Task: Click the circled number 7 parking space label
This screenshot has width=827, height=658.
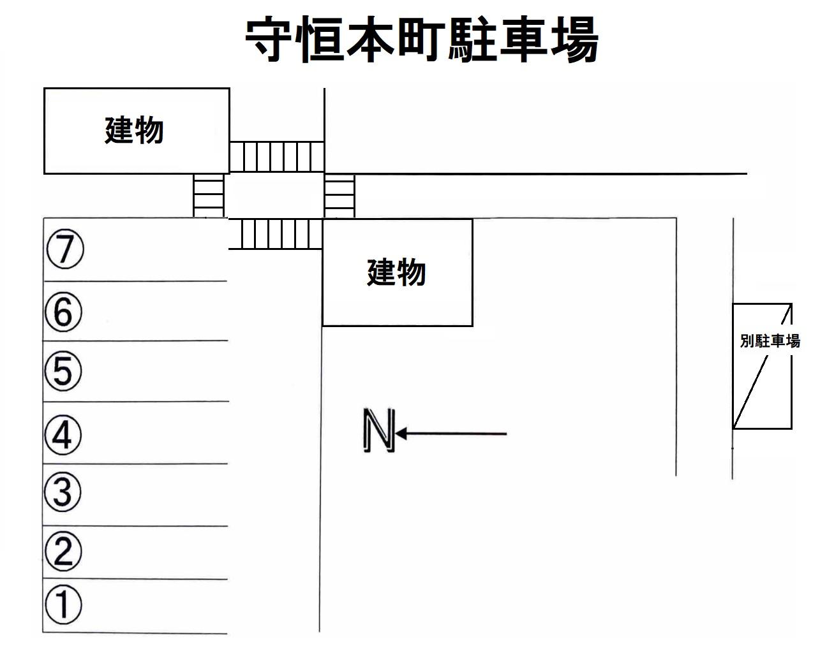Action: click(64, 249)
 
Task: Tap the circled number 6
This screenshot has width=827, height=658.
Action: click(64, 312)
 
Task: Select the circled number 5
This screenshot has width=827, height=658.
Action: click(63, 370)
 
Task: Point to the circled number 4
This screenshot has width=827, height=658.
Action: click(63, 435)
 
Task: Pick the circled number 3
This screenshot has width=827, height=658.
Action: click(63, 492)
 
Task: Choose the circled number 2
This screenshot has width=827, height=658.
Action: click(63, 551)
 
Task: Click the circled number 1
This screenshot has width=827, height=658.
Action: click(63, 604)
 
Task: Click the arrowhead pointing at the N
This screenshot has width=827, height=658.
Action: click(403, 434)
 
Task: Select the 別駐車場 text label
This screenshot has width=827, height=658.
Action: click(770, 341)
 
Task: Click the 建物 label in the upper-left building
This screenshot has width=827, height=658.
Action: click(134, 131)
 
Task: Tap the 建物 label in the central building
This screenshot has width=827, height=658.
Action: click(396, 272)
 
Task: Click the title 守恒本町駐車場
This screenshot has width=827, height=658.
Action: click(422, 40)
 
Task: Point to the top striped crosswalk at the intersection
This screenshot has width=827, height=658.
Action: click(276, 157)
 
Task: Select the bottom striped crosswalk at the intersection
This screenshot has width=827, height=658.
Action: click(275, 234)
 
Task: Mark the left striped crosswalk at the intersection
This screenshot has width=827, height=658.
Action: click(209, 196)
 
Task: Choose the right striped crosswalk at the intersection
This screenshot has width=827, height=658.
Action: click(339, 196)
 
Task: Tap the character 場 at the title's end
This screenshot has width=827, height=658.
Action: click(572, 40)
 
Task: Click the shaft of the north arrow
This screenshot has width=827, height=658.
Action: click(456, 434)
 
